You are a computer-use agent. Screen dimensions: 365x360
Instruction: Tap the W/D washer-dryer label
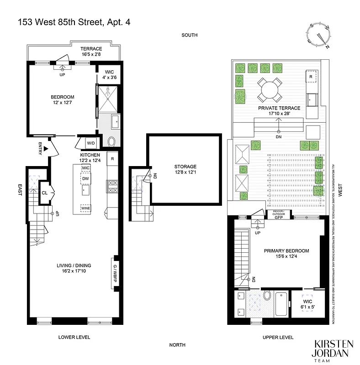tap(91, 143)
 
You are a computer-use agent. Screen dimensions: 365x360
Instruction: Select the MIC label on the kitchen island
tap(85, 168)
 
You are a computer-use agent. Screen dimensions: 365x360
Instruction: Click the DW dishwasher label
tap(85, 178)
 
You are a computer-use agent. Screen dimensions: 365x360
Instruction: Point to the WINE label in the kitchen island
tap(85, 209)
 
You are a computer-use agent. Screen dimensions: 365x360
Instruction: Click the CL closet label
tap(44, 193)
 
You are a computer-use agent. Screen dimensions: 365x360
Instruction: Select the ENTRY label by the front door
tap(40, 149)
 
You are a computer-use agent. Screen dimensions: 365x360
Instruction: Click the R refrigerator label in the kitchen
tap(112, 158)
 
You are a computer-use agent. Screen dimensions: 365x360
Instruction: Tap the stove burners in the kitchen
tap(112, 186)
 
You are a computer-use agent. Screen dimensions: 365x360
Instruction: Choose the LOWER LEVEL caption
tap(74, 337)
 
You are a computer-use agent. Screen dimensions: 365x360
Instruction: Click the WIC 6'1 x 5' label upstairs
tap(307, 304)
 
